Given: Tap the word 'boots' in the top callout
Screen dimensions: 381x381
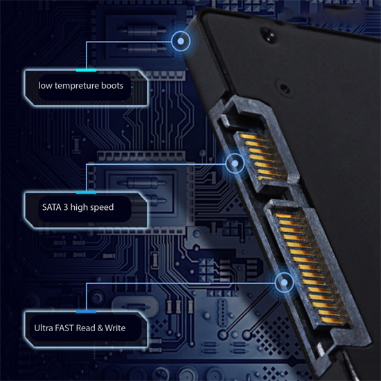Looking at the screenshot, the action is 112,85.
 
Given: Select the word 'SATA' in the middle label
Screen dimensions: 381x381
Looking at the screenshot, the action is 51,207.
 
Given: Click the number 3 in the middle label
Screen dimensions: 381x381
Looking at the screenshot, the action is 66,207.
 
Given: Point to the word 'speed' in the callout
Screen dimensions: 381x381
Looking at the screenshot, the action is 103,208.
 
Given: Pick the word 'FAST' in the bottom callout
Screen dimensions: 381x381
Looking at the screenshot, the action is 64,328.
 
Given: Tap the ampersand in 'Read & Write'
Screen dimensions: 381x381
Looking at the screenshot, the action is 100,328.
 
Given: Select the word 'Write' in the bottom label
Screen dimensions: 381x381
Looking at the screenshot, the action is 115,328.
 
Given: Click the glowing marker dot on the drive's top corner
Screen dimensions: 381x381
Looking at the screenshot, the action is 181,41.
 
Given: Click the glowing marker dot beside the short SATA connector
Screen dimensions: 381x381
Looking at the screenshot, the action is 235,163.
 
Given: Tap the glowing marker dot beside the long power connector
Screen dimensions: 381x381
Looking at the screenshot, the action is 284,283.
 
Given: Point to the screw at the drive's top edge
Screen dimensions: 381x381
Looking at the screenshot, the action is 268,34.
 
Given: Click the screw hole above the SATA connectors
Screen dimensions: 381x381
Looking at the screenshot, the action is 284,88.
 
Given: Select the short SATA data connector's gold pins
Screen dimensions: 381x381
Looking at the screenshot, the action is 262,157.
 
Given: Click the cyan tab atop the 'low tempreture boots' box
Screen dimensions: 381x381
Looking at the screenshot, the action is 86,70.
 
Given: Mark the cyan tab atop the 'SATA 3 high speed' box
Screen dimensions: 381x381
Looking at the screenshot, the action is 86,193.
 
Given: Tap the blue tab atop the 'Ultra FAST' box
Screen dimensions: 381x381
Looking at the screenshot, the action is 86,312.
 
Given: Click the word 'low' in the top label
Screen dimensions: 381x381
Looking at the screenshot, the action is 45,85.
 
